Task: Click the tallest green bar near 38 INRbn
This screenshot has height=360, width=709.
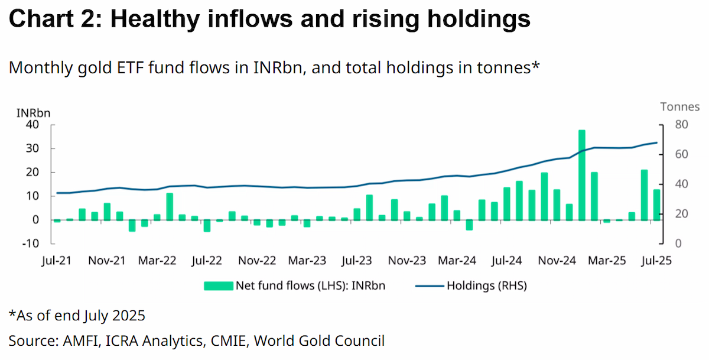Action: point(582,175)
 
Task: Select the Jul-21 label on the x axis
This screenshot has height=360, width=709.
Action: point(57,261)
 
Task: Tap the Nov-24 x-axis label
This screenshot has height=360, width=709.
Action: point(557,261)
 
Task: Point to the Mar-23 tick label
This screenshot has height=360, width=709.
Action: point(307,261)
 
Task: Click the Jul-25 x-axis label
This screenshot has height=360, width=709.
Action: point(656,261)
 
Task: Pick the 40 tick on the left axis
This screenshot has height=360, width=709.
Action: point(32,125)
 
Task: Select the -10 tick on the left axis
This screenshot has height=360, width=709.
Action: point(31,244)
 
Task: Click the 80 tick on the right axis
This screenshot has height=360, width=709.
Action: point(681,125)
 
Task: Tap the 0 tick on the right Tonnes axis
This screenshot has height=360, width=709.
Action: point(678,244)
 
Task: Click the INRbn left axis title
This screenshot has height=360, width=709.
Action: point(33,113)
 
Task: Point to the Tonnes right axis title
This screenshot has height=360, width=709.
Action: point(680,107)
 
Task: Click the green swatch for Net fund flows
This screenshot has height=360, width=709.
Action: point(219,286)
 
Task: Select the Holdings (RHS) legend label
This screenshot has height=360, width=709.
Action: point(487,286)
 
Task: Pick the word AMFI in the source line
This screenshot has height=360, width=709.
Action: point(82,341)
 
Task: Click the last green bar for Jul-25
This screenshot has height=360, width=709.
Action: point(657,205)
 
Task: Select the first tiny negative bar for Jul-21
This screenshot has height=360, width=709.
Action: point(57,220)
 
